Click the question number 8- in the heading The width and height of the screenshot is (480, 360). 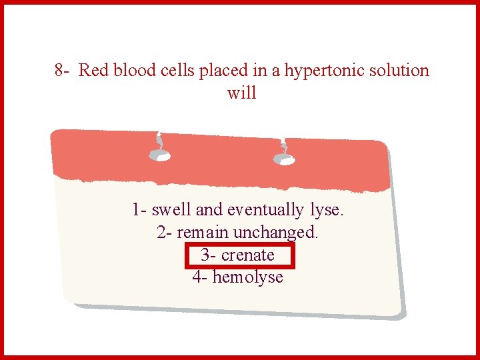63,71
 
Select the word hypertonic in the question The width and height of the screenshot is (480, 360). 323,71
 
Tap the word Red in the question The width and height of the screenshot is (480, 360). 93,71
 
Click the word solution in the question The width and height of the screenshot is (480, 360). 397,71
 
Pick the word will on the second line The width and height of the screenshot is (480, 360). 241,93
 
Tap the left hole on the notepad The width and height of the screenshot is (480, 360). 159,156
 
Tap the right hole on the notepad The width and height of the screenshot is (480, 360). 285,159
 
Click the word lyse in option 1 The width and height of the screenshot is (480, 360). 327,210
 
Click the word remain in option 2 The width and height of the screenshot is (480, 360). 203,233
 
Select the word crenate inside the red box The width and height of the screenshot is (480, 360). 248,255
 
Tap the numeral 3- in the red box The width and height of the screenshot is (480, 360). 208,255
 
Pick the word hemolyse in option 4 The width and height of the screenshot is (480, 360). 247,277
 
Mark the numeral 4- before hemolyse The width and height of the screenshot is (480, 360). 199,277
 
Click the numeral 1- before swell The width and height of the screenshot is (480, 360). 139,210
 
